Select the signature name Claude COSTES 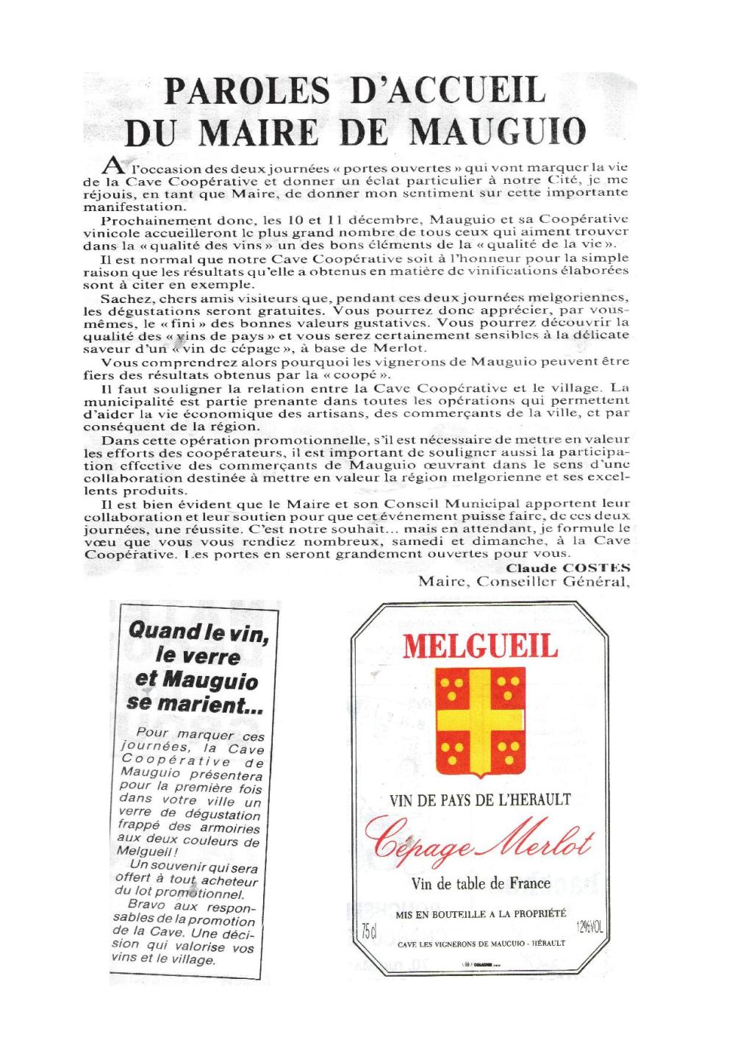click(568, 567)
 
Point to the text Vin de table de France click(479, 884)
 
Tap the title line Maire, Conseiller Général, click(524, 582)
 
